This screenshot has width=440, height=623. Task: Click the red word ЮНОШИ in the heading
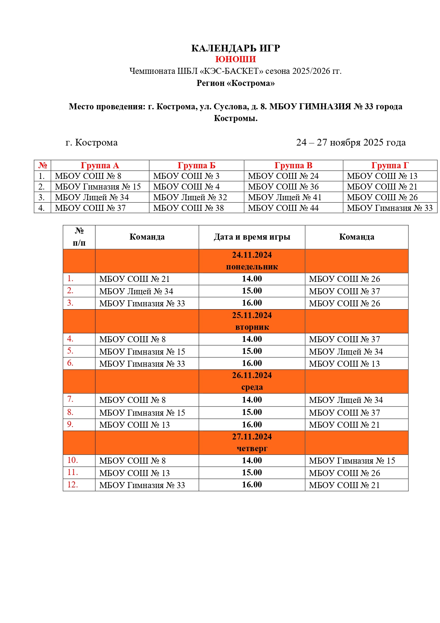[x=235, y=59]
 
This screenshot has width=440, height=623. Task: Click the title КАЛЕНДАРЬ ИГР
[x=236, y=48]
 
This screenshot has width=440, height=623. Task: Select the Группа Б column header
[x=196, y=165]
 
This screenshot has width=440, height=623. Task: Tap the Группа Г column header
[x=390, y=165]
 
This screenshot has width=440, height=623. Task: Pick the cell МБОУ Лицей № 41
[x=285, y=197]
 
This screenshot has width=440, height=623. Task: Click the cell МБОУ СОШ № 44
[x=283, y=208]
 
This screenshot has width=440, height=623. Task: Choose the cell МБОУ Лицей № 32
[x=190, y=197]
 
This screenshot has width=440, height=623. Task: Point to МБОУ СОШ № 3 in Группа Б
[x=186, y=176]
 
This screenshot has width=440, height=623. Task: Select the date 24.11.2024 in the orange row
[x=252, y=255]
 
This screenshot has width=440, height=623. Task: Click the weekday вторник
[x=252, y=327]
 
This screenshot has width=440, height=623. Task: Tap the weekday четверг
[x=252, y=449]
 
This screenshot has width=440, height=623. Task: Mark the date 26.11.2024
[x=252, y=376]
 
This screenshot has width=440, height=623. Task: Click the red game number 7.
[x=70, y=399]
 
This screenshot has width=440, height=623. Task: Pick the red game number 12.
[x=72, y=485]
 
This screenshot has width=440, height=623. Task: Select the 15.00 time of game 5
[x=252, y=351]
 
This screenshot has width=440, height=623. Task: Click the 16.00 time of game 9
[x=252, y=425]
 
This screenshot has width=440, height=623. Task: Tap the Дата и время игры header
[x=252, y=237]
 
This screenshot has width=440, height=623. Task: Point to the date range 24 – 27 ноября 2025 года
[x=351, y=143]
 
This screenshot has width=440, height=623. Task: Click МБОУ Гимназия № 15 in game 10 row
[x=352, y=461]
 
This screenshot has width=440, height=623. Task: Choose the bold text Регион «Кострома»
[x=236, y=83]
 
